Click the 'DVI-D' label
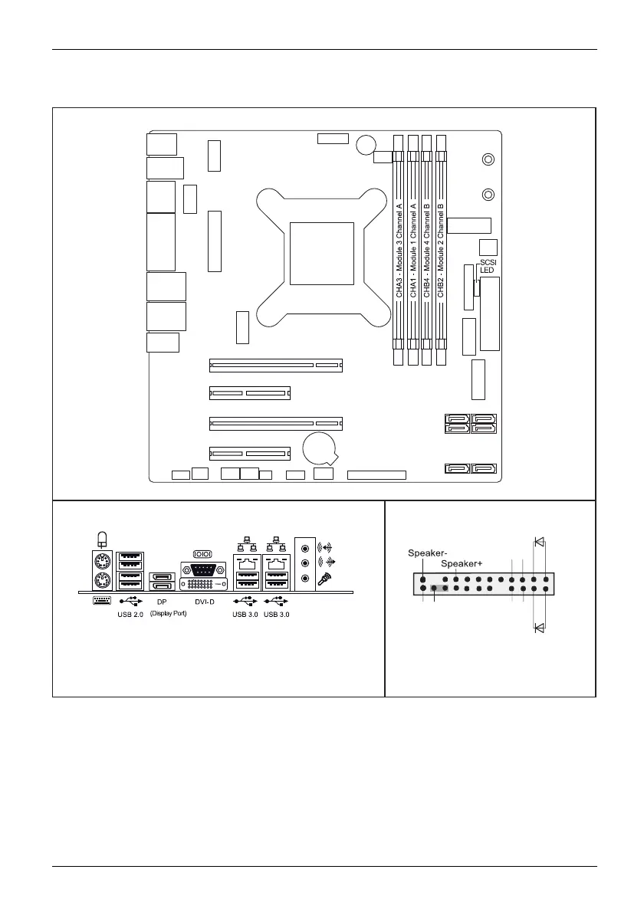coord(205,602)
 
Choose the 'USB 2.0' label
coord(130,614)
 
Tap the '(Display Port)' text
coord(168,614)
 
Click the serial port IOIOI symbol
coord(203,553)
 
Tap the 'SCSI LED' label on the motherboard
coord(488,266)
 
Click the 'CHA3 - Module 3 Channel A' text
coord(399,250)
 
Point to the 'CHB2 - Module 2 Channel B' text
coord(441,250)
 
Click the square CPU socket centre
coord(321,256)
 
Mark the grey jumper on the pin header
coord(439,589)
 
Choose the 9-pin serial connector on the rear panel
coord(203,570)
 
